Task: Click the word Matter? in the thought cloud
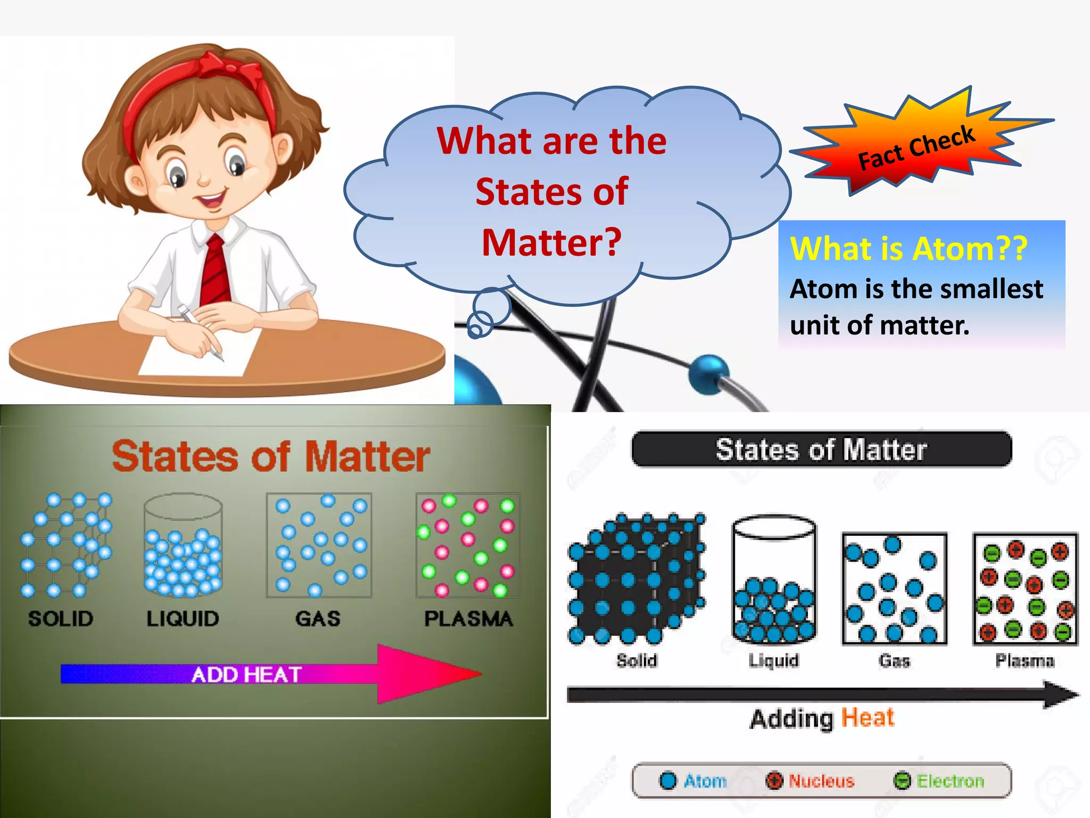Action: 551,242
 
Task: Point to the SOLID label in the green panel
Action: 61,618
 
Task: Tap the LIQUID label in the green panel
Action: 183,618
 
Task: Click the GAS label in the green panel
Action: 318,618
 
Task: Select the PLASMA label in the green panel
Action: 468,618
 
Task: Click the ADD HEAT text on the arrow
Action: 246,675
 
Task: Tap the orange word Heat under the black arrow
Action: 868,717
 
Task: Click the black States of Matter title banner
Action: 821,449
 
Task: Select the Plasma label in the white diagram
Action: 1025,661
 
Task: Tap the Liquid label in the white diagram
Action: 773,661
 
